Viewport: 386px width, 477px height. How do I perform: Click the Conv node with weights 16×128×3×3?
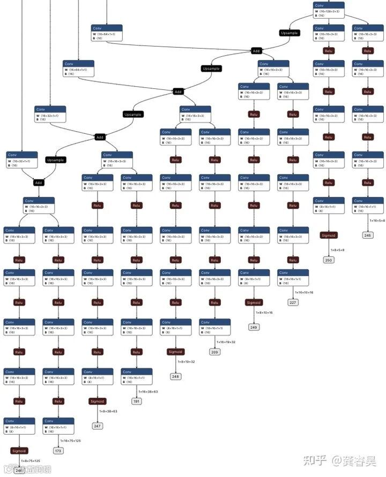(329, 9)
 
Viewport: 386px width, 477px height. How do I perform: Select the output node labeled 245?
(367, 235)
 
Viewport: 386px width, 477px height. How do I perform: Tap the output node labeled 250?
(329, 260)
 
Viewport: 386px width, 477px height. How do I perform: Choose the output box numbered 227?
(293, 302)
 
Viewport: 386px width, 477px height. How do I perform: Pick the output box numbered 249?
(254, 327)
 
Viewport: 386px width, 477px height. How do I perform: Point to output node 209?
(214, 352)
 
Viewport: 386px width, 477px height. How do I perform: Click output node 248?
(175, 376)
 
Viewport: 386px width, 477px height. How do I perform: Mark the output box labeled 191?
(137, 401)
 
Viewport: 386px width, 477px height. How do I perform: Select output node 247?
(97, 426)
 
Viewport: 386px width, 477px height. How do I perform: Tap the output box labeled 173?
(58, 451)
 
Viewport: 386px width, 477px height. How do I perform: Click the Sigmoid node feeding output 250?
(329, 235)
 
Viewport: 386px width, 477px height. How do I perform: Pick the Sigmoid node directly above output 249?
(254, 302)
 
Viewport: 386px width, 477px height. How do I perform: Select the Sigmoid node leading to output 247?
(97, 401)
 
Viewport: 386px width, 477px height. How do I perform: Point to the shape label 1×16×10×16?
(304, 292)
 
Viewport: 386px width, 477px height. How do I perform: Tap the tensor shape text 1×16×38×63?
(148, 391)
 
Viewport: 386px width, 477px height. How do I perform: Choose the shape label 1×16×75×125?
(70, 441)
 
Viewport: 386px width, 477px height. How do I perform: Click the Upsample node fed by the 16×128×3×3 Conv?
(289, 33)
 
